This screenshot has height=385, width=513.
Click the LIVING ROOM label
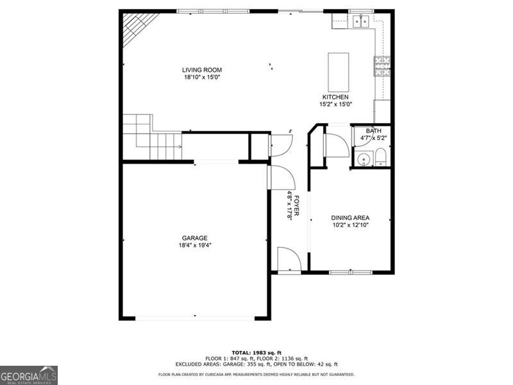201,70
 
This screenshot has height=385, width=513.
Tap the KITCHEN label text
335,97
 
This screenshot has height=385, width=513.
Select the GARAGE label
194,238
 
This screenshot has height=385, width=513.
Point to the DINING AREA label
350,218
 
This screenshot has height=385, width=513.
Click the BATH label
373,131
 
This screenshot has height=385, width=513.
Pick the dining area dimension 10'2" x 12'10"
350,225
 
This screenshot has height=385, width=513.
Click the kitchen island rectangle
339,72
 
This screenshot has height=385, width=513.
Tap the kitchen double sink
360,22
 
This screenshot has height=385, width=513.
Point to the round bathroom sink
363,159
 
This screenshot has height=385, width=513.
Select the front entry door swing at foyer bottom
289,259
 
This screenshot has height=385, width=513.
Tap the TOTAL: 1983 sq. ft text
256,352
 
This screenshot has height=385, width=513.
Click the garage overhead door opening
195,318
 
